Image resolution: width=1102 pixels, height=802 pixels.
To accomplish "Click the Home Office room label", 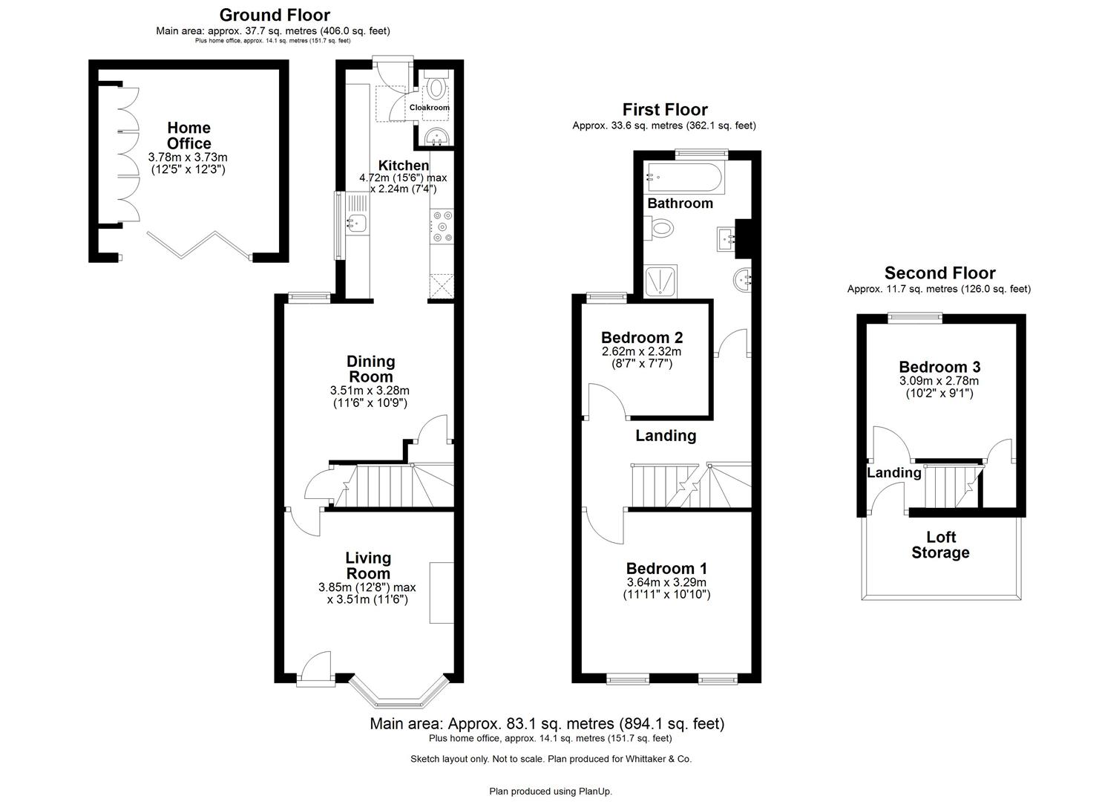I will pyautogui.click(x=188, y=136).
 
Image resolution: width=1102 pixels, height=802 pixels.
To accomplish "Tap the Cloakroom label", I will pyautogui.click(x=430, y=108).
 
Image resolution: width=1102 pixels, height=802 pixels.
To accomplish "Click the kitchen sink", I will pyautogui.click(x=356, y=221).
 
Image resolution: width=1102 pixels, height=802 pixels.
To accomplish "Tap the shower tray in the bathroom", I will pyautogui.click(x=660, y=283).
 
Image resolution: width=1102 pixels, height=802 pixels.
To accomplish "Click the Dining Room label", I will pyautogui.click(x=371, y=369).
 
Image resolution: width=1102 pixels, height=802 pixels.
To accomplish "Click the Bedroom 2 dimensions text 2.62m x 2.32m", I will pyautogui.click(x=641, y=351).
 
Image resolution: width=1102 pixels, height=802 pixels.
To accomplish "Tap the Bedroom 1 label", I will pyautogui.click(x=666, y=567).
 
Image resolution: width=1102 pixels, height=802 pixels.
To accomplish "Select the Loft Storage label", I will pyautogui.click(x=940, y=545).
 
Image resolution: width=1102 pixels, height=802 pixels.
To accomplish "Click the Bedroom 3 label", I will pyautogui.click(x=939, y=367).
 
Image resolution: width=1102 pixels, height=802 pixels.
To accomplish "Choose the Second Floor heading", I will pyautogui.click(x=939, y=273).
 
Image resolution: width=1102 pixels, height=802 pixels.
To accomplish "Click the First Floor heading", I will pyautogui.click(x=664, y=110).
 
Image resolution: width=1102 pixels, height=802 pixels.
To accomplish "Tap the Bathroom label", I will pyautogui.click(x=680, y=203).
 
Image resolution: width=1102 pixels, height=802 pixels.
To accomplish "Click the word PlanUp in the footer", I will pyautogui.click(x=595, y=792).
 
